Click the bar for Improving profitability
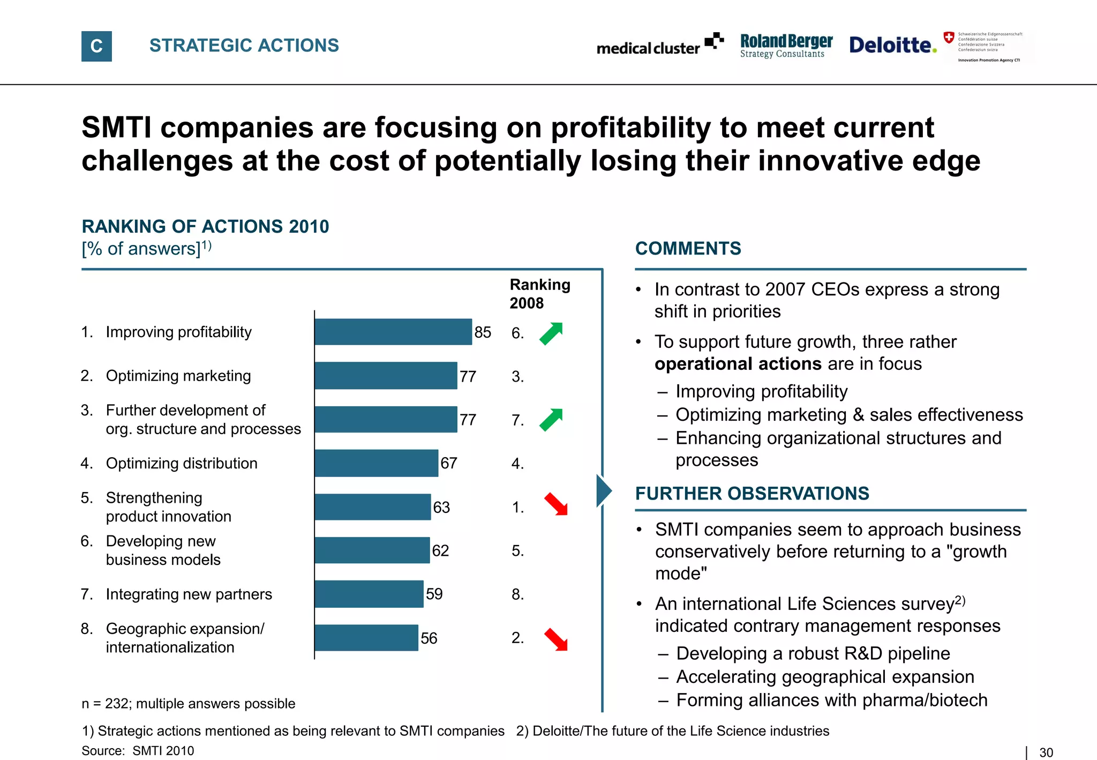[393, 332]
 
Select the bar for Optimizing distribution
[377, 463]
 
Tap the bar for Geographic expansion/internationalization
[366, 638]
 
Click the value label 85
[483, 332]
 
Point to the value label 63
[441, 507]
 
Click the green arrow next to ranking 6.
[551, 333]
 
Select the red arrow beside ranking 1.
[556, 504]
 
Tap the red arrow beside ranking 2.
[556, 639]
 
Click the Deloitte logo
[892, 45]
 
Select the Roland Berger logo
[786, 46]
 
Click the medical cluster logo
[660, 46]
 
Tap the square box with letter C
[96, 46]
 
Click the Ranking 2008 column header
[539, 294]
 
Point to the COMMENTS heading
[688, 249]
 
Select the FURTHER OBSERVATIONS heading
[752, 493]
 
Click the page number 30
[1046, 752]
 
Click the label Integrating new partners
[189, 594]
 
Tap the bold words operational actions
[738, 364]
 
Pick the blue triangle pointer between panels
[604, 490]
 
